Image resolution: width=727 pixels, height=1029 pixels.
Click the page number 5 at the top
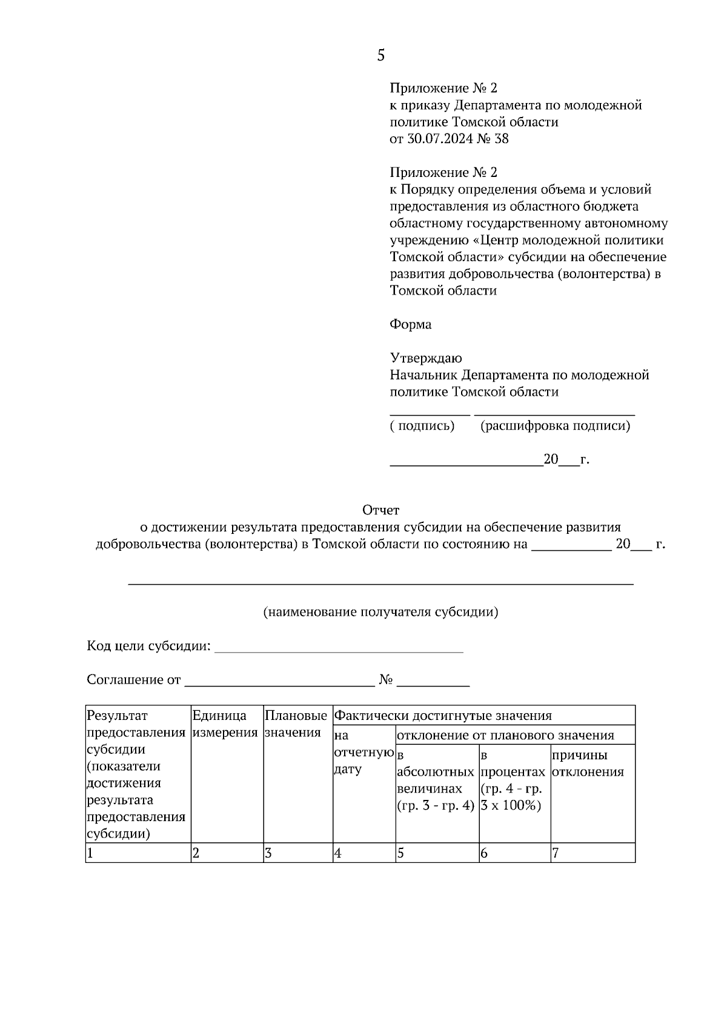click(380, 56)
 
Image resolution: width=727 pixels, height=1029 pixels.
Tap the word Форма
click(410, 324)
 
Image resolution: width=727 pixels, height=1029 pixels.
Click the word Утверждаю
click(425, 358)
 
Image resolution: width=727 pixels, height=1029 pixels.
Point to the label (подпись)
click(422, 425)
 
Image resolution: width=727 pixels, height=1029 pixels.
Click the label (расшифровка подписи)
click(555, 425)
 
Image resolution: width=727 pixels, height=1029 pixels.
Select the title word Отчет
click(380, 510)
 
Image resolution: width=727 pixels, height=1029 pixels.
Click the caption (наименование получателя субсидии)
click(380, 611)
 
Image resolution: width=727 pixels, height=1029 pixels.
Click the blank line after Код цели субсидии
click(339, 650)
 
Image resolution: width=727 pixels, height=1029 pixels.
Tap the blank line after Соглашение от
click(279, 684)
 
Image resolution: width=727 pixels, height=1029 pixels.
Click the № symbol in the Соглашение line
click(386, 680)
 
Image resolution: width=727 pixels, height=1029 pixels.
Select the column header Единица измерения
click(225, 724)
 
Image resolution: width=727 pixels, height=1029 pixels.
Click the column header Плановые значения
click(296, 724)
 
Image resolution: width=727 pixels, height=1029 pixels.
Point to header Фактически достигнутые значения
click(443, 716)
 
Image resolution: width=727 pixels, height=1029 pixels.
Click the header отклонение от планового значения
click(505, 735)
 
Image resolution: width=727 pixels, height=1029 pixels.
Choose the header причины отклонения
click(587, 764)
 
